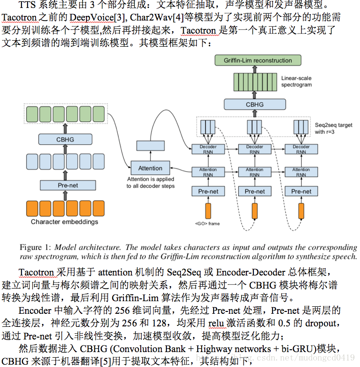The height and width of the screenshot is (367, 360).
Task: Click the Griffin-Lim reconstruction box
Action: pos(257,60)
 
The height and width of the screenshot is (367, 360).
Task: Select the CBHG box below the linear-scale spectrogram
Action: pos(254,104)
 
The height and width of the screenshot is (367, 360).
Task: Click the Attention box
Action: pos(150,168)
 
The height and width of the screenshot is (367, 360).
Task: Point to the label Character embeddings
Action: pos(65,222)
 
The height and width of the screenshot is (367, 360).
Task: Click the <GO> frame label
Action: pos(207,224)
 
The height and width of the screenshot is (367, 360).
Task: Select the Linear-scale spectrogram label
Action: pos(296,82)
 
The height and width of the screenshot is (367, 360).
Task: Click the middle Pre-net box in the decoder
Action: pos(254,191)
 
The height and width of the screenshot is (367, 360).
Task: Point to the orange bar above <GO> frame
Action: pos(208,210)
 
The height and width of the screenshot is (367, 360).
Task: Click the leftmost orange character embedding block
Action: pos(32,207)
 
